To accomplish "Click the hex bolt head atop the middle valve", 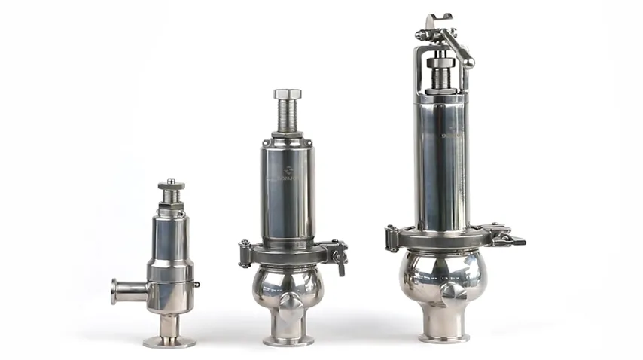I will click(x=288, y=94).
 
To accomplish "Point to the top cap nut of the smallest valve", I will click(x=171, y=185).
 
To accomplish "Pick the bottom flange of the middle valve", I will click(x=288, y=340).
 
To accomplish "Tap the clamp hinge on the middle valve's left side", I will click(x=245, y=254).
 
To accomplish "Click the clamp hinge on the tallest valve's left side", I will click(x=391, y=238).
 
